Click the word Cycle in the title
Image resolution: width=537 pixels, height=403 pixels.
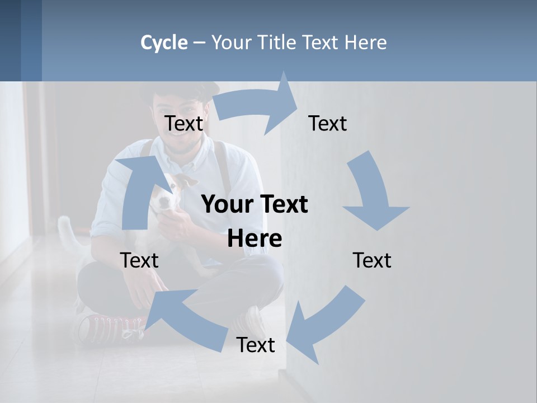click(164, 43)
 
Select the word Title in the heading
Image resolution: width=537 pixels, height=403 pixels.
click(275, 43)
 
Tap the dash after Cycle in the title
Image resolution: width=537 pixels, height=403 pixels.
click(199, 43)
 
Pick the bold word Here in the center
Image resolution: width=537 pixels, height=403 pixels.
click(255, 239)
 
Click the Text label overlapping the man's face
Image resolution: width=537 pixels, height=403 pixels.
click(183, 123)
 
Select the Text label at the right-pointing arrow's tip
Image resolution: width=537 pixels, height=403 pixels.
click(327, 123)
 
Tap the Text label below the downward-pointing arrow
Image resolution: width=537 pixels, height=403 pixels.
click(371, 260)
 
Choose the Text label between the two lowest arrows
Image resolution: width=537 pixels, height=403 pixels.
click(255, 345)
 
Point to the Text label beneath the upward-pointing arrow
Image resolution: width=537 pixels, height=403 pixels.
click(139, 260)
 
